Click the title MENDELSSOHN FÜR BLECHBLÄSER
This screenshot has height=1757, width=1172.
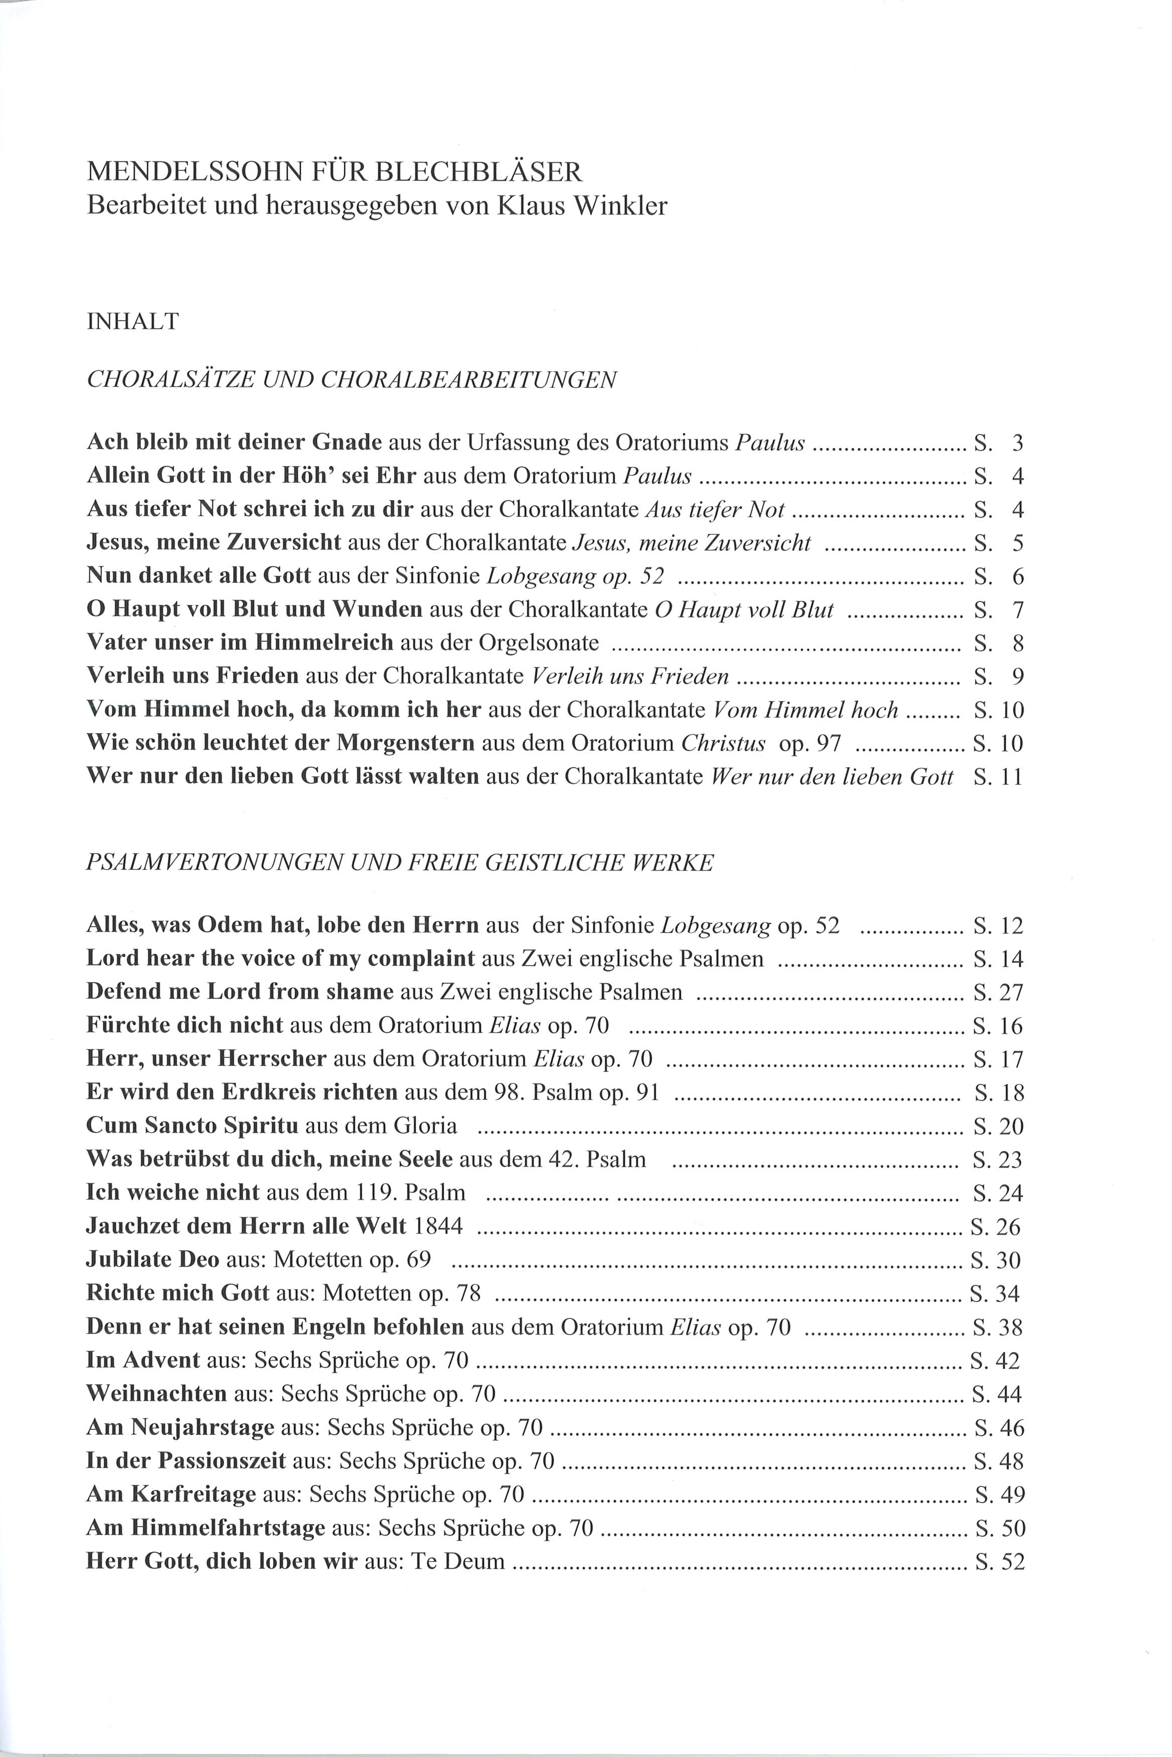click(334, 172)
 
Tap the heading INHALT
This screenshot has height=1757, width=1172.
click(133, 321)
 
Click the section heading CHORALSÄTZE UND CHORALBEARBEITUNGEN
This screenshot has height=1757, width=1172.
click(351, 380)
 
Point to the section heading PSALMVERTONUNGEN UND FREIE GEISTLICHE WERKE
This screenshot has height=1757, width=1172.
click(400, 863)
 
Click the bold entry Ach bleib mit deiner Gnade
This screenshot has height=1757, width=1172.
click(234, 442)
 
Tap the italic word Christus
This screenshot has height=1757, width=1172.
click(723, 743)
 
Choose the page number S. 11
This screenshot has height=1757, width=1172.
click(999, 777)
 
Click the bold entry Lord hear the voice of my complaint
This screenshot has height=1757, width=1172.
click(280, 958)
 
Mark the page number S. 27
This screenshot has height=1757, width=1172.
click(999, 992)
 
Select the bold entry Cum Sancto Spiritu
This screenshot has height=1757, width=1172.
click(192, 1126)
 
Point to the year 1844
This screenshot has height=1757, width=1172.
click(438, 1226)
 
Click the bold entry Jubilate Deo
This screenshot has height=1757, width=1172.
click(152, 1259)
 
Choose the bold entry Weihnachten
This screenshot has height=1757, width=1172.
click(156, 1393)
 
